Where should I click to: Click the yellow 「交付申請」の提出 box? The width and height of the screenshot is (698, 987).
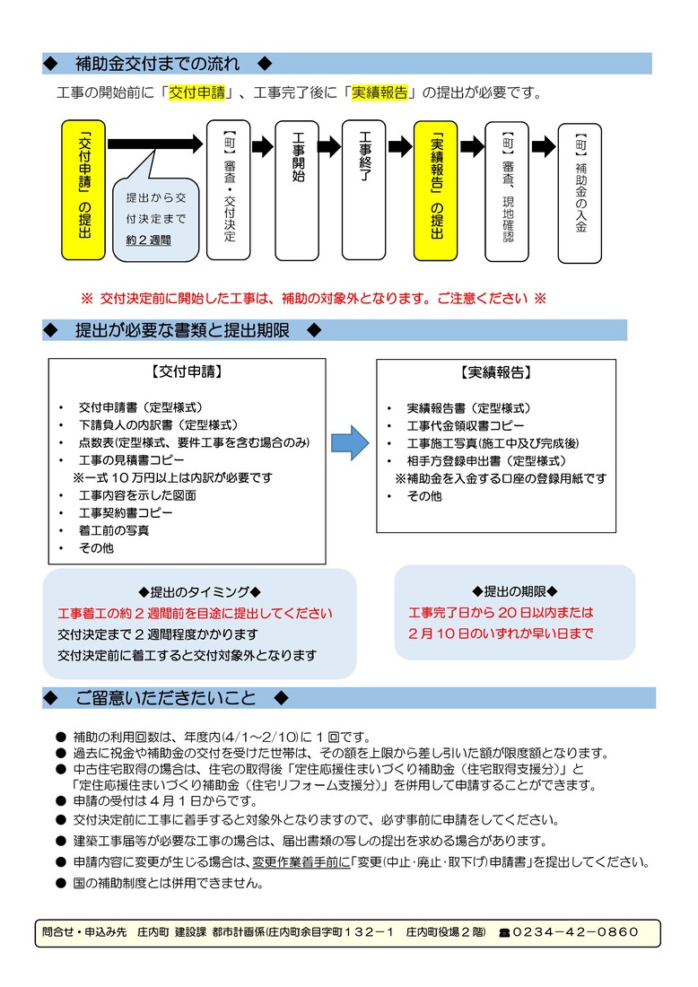pyautogui.click(x=83, y=189)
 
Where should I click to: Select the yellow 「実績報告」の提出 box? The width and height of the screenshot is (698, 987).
pyautogui.click(x=436, y=189)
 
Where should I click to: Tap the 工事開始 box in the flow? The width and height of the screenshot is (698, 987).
pyautogui.click(x=297, y=189)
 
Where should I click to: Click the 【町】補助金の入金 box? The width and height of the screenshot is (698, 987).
pyautogui.click(x=580, y=193)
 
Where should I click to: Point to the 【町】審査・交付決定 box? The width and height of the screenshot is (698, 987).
pyautogui.click(x=228, y=189)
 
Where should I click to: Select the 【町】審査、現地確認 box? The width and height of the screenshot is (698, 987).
pyautogui.click(x=507, y=189)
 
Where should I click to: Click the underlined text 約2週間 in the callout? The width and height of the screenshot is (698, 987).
pyautogui.click(x=148, y=240)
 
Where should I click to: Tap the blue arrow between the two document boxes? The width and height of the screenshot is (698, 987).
pyautogui.click(x=350, y=442)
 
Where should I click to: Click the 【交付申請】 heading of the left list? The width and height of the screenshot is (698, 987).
pyautogui.click(x=187, y=371)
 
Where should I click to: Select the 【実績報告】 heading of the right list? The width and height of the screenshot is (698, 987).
pyautogui.click(x=495, y=371)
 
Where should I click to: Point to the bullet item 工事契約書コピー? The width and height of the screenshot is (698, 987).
pyautogui.click(x=126, y=512)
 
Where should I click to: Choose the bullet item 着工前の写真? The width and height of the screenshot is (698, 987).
pyautogui.click(x=114, y=530)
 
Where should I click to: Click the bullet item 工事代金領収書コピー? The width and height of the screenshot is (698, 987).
pyautogui.click(x=466, y=425)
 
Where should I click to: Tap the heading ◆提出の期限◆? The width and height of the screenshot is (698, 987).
pyautogui.click(x=515, y=590)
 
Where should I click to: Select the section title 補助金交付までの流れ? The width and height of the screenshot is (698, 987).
pyautogui.click(x=158, y=64)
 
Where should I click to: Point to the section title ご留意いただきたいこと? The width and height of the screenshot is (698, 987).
pyautogui.click(x=166, y=698)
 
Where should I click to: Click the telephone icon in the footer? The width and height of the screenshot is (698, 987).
pyautogui.click(x=504, y=933)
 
